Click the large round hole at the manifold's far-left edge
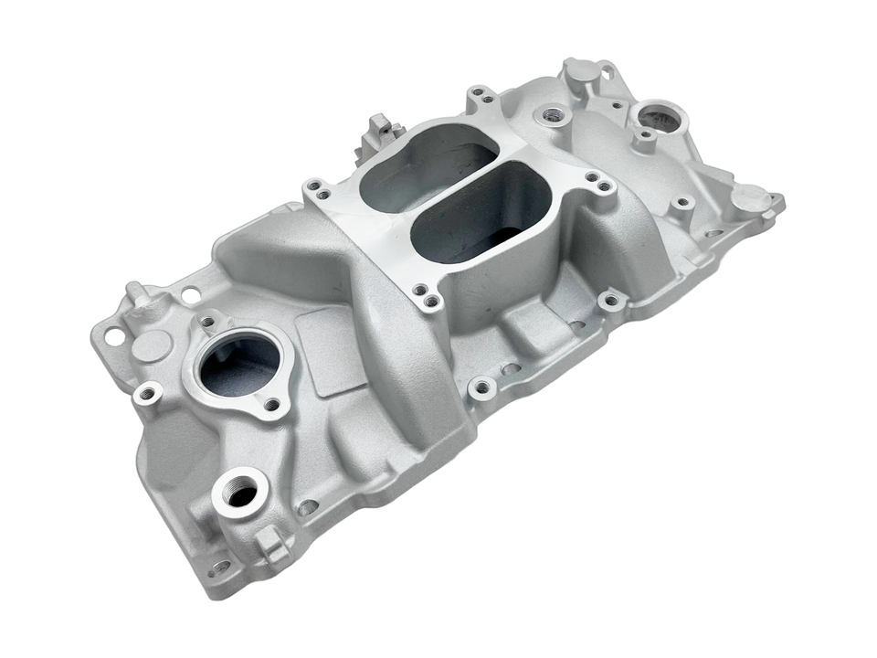click(x=115, y=336)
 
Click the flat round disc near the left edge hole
click(x=151, y=345)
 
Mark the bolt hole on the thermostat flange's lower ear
click(x=271, y=404)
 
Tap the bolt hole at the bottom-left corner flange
click(x=219, y=567)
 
